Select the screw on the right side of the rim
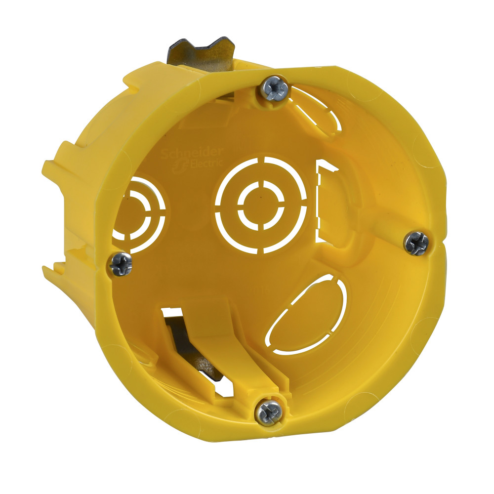(x=416, y=244)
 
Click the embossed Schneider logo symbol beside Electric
(x=186, y=166)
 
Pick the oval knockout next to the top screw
(x=316, y=108)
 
